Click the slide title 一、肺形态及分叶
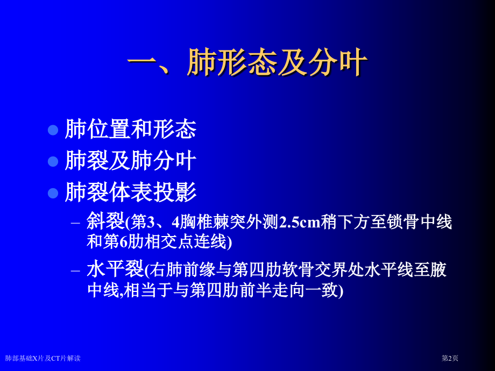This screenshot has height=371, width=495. pos(247,63)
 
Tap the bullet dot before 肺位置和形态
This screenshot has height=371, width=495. pos(53,130)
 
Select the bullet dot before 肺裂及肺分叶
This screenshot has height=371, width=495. pos(53,161)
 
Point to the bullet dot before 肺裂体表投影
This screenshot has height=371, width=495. pos(53,192)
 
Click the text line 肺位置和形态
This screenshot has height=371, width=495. pos(131,129)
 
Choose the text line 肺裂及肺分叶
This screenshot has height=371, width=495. pos(131,161)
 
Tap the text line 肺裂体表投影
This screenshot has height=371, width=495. pos(131,192)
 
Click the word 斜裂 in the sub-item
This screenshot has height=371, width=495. pos(105,222)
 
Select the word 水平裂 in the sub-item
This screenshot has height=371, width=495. pos(115,269)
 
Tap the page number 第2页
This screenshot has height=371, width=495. pos(450,358)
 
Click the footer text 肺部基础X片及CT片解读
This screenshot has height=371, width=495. pos(43,358)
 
